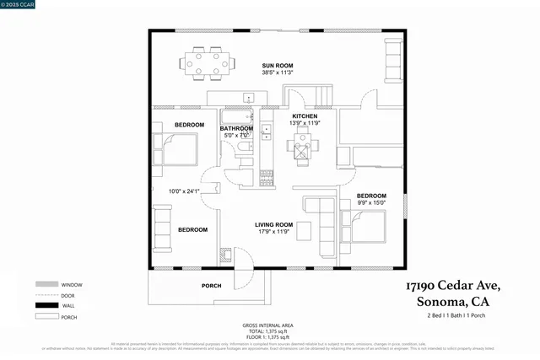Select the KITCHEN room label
tap(305, 116)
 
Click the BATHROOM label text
tap(237, 128)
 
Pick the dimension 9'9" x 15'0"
tap(371, 202)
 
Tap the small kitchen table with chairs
tap(302, 148)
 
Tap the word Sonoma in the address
tap(437, 302)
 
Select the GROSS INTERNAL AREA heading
tap(268, 325)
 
